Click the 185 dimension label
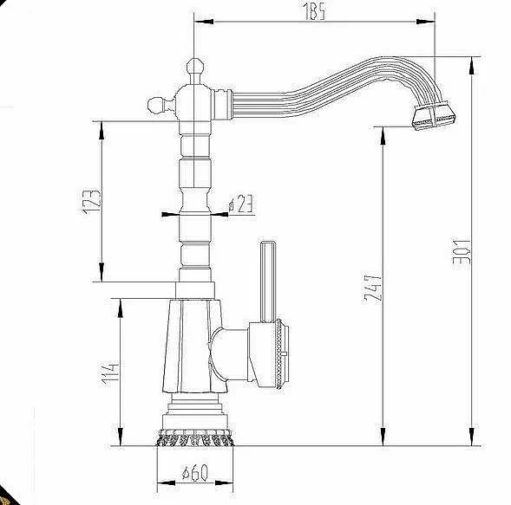(315, 13)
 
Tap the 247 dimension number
(372, 289)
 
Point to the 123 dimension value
(92, 201)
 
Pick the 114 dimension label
(110, 373)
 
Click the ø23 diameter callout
(240, 204)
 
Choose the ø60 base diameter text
(194, 472)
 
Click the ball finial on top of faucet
(195, 66)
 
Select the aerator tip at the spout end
(434, 116)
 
